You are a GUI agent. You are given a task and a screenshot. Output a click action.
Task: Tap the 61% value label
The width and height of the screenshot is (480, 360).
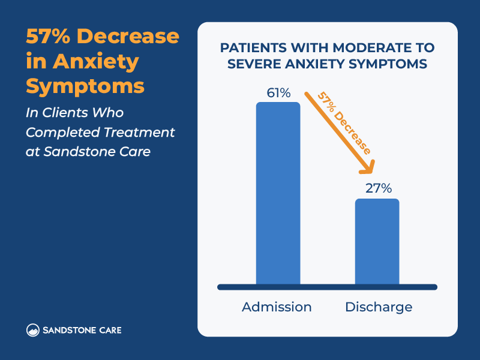click(x=278, y=93)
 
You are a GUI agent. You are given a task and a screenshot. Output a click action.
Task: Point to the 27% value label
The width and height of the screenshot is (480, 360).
click(x=378, y=188)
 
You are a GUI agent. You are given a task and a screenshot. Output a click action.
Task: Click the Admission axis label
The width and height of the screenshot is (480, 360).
click(x=277, y=307)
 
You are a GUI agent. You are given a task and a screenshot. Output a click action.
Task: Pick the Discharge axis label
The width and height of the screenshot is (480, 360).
click(x=379, y=307)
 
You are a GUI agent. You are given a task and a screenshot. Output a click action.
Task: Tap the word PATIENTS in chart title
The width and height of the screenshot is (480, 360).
click(x=253, y=47)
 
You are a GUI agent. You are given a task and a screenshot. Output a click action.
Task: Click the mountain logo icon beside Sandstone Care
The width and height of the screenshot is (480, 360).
click(x=34, y=330)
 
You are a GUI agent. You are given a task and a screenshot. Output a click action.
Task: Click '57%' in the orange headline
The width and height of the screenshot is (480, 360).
click(x=49, y=37)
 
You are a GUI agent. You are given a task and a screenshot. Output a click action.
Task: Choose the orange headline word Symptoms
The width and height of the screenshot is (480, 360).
click(x=85, y=85)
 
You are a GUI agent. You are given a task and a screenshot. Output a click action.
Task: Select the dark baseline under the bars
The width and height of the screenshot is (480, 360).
click(x=327, y=287)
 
